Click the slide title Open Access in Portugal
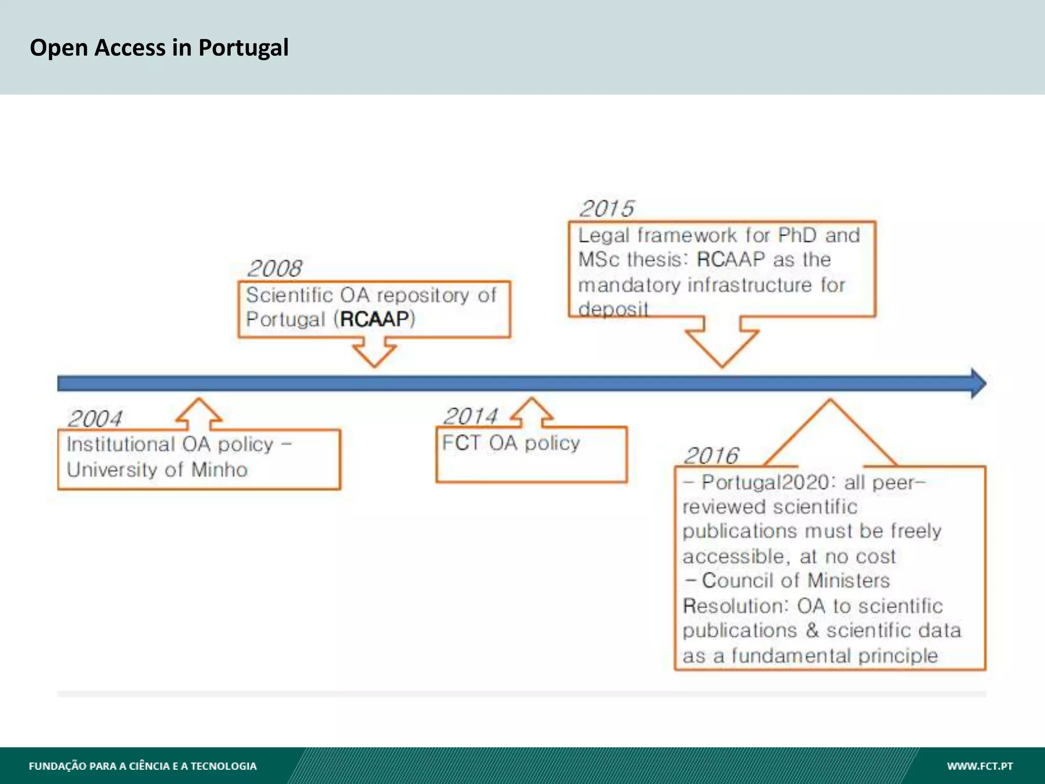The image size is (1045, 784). click(x=159, y=47)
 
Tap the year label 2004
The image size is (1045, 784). click(x=95, y=419)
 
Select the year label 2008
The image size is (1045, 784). click(x=275, y=268)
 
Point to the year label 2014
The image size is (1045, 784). click(x=470, y=416)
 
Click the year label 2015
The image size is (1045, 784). click(x=607, y=208)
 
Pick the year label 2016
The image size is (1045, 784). click(x=711, y=455)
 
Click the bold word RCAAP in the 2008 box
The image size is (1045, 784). click(x=375, y=319)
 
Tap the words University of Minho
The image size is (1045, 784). click(x=157, y=470)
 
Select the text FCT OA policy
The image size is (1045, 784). click(x=511, y=443)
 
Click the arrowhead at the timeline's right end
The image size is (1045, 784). click(x=977, y=383)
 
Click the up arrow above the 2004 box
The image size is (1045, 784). click(x=199, y=412)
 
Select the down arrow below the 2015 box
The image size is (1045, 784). click(x=722, y=342)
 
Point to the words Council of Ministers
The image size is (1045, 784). click(x=795, y=581)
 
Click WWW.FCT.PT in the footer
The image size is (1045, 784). click(x=980, y=766)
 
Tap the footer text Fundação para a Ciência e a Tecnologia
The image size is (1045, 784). click(x=143, y=766)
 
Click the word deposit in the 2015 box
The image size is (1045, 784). click(x=613, y=309)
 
